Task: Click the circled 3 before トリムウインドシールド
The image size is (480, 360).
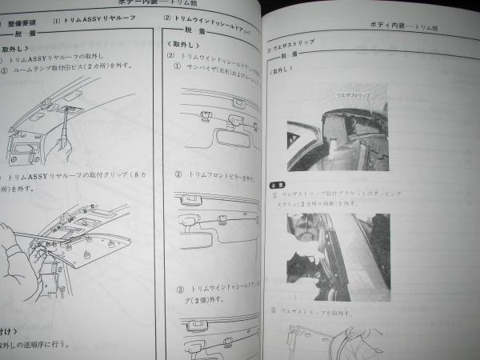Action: (x=180, y=286)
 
